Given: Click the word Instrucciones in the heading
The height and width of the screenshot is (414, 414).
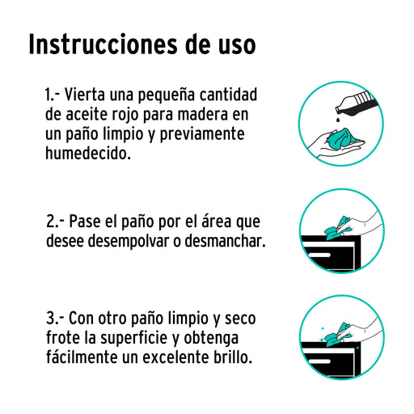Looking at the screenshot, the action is [103, 44].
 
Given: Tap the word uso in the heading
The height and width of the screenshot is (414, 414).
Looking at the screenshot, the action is [237, 45].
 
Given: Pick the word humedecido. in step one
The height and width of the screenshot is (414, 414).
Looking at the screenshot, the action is [88, 153].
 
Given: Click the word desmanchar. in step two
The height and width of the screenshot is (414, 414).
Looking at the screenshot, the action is [225, 241].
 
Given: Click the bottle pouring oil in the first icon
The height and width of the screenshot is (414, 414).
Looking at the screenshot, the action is [356, 104].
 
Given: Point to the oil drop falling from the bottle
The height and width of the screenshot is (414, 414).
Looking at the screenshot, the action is [336, 119].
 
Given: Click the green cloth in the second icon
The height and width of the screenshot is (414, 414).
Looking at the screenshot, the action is [337, 228].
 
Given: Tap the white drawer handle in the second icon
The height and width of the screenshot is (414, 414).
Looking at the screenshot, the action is [320, 255].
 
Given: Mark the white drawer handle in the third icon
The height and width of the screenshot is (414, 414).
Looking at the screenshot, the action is [320, 361].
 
